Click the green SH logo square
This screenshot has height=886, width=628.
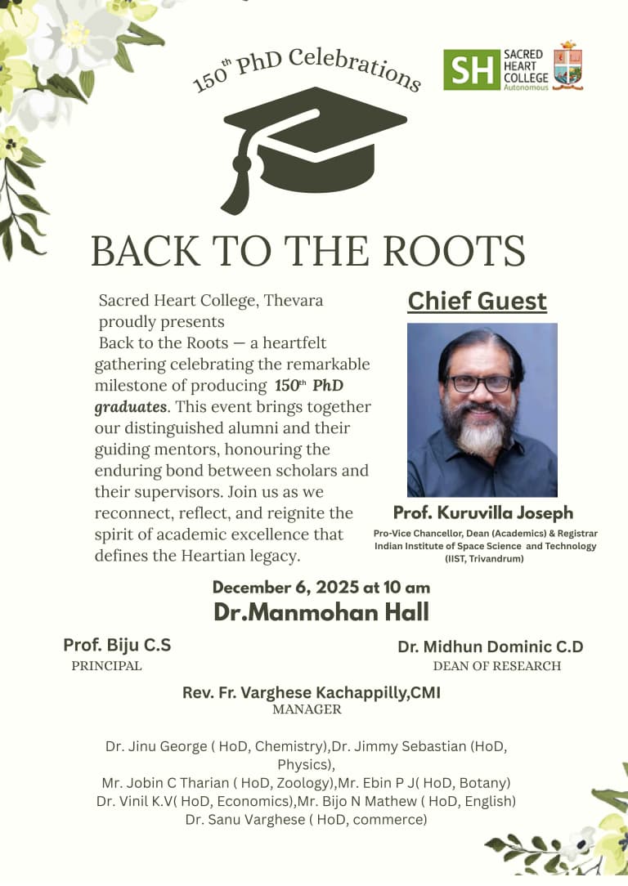(471, 69)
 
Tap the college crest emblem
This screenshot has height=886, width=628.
(567, 65)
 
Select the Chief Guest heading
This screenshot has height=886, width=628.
(477, 301)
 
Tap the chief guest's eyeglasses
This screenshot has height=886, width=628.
(480, 383)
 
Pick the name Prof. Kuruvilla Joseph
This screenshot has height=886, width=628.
(483, 512)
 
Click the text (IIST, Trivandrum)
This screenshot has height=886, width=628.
(485, 558)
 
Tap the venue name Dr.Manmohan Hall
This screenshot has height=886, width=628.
(321, 611)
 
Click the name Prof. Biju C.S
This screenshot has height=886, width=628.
(117, 645)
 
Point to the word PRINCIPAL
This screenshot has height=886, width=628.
(106, 665)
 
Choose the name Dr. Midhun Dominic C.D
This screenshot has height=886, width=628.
(491, 647)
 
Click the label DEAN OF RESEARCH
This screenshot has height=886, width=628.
(496, 666)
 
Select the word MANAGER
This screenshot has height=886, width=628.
(307, 709)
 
